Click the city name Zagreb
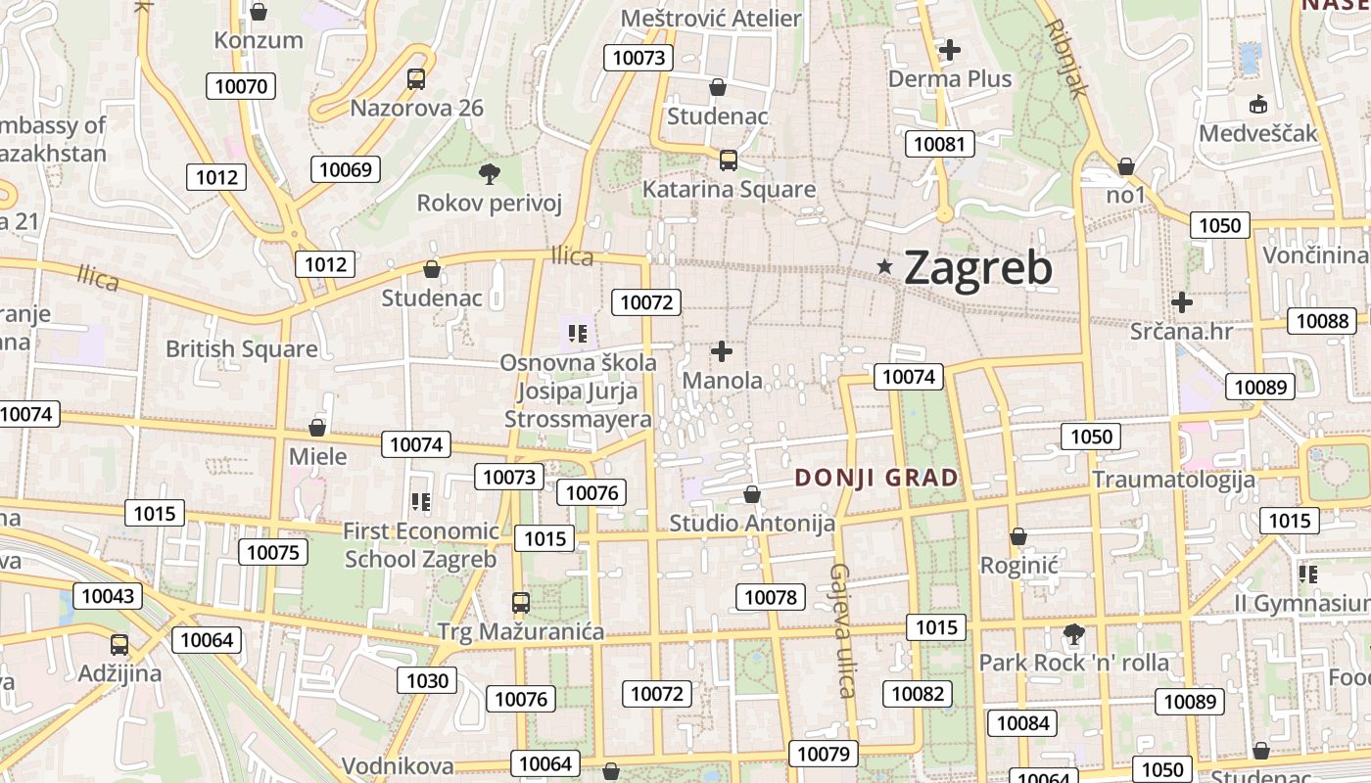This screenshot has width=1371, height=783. coord(977,267)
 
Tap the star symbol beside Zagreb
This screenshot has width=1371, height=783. coord(885,266)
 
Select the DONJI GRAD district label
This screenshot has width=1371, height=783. coord(876,478)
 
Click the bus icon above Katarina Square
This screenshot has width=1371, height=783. coord(728,161)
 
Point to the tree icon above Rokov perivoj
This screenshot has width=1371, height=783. coord(489,174)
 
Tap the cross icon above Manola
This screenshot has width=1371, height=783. coord(722,351)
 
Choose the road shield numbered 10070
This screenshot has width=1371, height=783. coord(241,86)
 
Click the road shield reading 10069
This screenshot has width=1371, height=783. coord(346,169)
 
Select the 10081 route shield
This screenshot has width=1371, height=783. coord(939,145)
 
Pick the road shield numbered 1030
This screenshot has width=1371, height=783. coord(427,680)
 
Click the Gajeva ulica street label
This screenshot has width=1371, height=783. coord(841,630)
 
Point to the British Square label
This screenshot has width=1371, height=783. coord(241,349)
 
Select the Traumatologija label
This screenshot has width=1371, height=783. coord(1173,480)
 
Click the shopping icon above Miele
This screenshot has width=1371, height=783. coord(316,428)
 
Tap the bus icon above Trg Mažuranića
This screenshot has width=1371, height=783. coord(521,602)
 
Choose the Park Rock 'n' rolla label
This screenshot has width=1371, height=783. coord(1073,663)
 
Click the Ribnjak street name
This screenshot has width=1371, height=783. coord(1067,59)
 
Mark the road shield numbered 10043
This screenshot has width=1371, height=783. coord(108,596)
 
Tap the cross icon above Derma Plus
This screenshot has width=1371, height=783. coord(949,49)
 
